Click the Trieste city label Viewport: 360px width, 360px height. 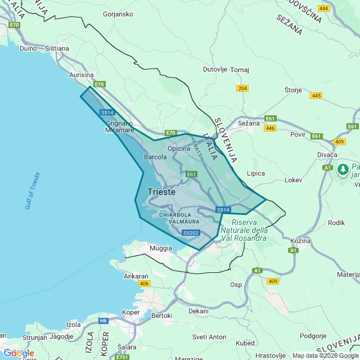[x=161, y=192]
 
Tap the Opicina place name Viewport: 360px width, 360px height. [x=179, y=149]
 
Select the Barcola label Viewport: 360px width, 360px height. [x=156, y=157]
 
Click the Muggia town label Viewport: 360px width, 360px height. [x=161, y=248]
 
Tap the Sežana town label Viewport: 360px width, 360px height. [x=249, y=123]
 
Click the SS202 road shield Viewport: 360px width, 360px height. [x=191, y=233]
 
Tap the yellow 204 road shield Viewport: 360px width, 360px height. [x=242, y=89]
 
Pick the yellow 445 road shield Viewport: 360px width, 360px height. [x=316, y=96]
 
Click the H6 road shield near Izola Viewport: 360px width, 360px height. [x=103, y=321]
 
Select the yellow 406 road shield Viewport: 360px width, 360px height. [x=144, y=283]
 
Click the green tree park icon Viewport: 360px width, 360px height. [x=343, y=168]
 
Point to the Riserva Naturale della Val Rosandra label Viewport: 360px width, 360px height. [x=244, y=230]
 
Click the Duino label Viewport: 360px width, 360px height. [x=28, y=48]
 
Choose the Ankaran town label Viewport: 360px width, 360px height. [x=136, y=276]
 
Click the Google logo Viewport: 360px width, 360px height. [x=19, y=353]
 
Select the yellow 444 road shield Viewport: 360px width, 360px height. [x=324, y=8]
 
